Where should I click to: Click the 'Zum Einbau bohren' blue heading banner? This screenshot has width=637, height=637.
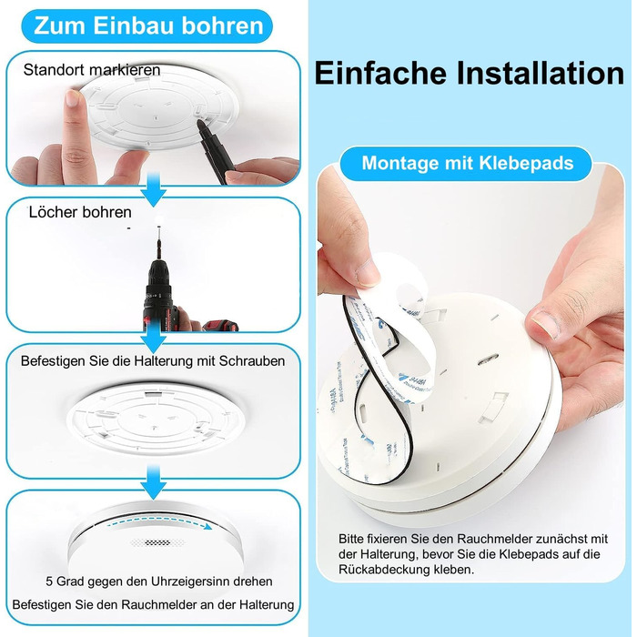[x=147, y=26]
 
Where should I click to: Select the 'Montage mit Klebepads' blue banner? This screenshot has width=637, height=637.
[x=467, y=163]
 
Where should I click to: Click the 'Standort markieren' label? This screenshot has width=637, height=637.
[x=92, y=70]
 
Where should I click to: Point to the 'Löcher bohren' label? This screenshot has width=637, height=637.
[x=80, y=212]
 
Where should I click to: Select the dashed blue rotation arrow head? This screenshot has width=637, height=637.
[x=208, y=527]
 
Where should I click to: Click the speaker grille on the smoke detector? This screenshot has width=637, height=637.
[x=157, y=542]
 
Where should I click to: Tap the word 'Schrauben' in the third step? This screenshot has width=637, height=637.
[x=252, y=360]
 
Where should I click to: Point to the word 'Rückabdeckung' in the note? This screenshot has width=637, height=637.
[x=384, y=570]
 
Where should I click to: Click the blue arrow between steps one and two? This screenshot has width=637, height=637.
[x=154, y=189]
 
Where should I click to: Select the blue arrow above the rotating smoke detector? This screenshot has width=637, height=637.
[x=154, y=481]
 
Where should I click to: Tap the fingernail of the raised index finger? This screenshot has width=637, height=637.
[x=72, y=98]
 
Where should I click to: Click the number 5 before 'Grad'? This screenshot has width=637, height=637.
[x=49, y=581]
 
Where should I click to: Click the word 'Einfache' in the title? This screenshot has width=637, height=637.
[x=379, y=73]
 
